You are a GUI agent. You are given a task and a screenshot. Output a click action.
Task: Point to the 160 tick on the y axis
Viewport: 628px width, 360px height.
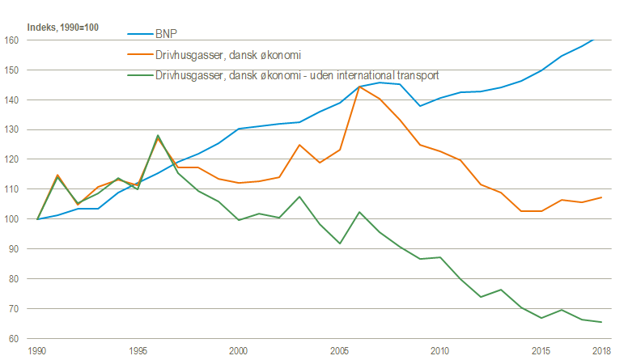pos(11,40)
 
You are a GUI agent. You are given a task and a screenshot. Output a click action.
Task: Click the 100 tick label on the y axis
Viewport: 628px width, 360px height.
pos(11,219)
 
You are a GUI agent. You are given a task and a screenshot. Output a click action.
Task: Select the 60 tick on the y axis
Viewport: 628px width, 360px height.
pos(13,338)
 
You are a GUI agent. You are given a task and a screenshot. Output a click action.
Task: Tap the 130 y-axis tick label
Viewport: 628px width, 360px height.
pos(11,129)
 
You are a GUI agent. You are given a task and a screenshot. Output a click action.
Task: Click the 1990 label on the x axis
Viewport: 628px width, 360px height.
pos(37,350)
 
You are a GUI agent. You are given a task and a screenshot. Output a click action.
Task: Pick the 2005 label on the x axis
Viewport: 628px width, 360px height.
pos(339,350)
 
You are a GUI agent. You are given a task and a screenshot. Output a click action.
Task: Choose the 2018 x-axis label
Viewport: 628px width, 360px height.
pos(600,350)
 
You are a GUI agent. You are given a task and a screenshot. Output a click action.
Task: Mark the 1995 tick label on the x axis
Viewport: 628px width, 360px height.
pos(138,350)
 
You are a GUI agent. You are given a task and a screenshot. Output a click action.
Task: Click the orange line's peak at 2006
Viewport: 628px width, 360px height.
pos(359,87)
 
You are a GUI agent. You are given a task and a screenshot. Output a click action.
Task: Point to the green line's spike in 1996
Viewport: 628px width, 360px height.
pos(158,135)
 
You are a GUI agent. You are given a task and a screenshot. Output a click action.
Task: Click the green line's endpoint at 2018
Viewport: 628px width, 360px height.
pos(600,322)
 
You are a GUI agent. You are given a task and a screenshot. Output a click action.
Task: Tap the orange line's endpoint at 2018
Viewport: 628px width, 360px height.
pos(600,197)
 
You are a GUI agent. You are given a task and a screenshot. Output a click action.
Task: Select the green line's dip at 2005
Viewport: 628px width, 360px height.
pos(339,244)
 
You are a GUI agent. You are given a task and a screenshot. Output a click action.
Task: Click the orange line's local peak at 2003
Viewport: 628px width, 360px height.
pos(299,145)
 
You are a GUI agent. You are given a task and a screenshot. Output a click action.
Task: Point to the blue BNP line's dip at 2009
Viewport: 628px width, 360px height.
pos(419,106)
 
